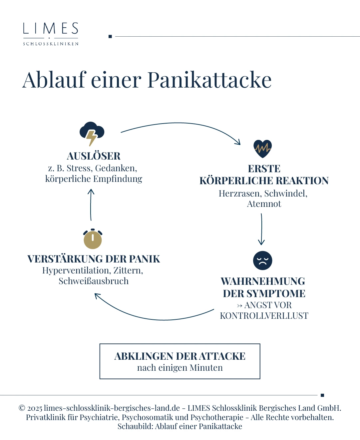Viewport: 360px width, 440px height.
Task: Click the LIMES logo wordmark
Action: click(51, 29)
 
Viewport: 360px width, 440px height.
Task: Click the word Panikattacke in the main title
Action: click(209, 80)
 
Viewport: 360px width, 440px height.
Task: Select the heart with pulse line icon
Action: click(262, 149)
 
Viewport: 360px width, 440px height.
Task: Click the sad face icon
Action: click(262, 260)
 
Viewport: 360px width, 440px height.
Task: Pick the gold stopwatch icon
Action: click(93, 239)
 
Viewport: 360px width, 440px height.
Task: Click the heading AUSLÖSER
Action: click(94, 156)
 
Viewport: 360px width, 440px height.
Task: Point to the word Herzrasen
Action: click(240, 194)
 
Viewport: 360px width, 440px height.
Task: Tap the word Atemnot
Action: click(264, 204)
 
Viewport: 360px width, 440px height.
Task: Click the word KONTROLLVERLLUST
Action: click(264, 316)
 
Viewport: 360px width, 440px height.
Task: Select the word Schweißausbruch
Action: click(94, 281)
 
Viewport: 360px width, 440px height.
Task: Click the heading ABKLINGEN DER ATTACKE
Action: click(180, 356)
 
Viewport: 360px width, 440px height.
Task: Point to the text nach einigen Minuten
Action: click(180, 368)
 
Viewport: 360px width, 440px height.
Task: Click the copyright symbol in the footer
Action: click(22, 408)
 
